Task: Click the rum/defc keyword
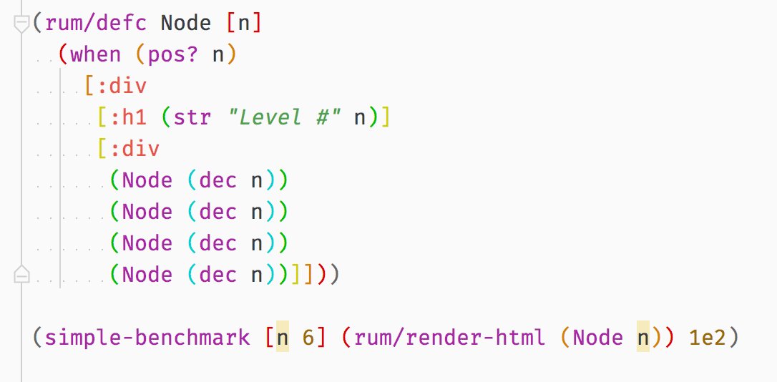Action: [96, 23]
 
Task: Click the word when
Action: [96, 54]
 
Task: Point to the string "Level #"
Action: [289, 117]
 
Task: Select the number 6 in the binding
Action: [308, 338]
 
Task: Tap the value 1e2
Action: [708, 338]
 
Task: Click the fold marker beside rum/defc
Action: [21, 24]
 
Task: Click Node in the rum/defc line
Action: [186, 23]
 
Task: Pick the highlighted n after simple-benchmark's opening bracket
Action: [283, 338]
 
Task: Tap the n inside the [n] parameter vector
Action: [244, 23]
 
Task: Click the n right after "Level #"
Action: [360, 117]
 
